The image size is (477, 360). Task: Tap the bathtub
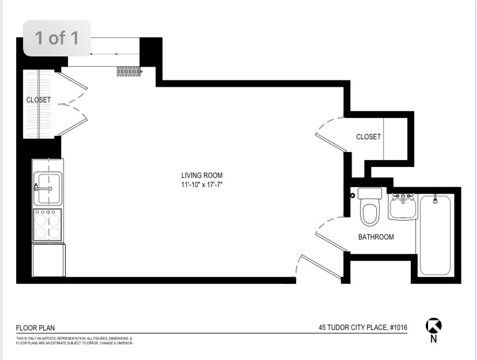click(435, 235)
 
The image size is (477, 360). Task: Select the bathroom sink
click(402, 206)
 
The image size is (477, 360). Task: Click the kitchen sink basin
click(48, 188)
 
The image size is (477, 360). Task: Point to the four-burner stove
click(47, 225)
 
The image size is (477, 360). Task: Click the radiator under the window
click(129, 71)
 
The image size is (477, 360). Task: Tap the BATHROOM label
click(376, 237)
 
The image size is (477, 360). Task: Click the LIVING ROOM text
click(202, 175)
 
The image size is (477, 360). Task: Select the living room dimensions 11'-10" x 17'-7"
click(202, 184)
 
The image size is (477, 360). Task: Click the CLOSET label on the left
click(39, 100)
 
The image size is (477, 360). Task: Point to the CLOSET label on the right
click(368, 137)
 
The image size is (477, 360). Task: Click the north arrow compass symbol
click(433, 325)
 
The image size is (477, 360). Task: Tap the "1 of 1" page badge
click(57, 38)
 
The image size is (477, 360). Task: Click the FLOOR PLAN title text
click(35, 328)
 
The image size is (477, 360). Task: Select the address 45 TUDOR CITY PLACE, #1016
click(363, 328)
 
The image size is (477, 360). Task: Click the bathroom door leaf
click(331, 242)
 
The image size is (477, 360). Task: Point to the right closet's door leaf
click(331, 142)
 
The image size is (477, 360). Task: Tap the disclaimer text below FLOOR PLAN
click(74, 341)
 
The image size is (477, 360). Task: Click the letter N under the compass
click(433, 339)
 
